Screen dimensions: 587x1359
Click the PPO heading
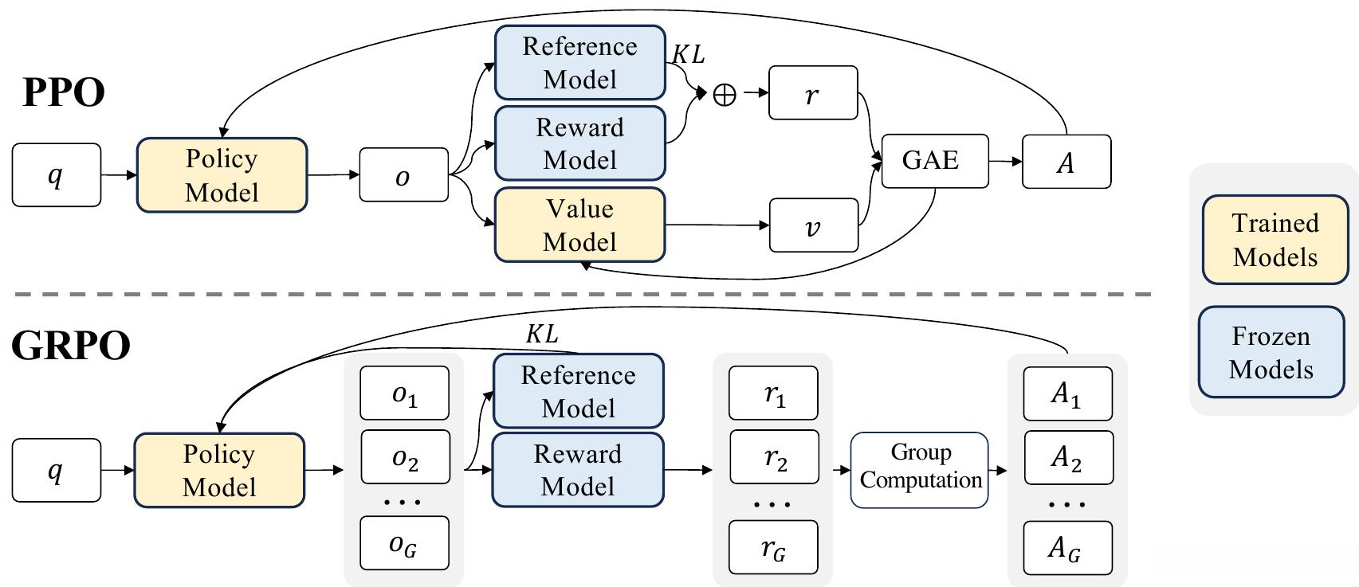click(64, 93)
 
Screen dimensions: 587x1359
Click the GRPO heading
click(71, 346)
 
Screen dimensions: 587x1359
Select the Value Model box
click(579, 225)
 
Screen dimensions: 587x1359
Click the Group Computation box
click(920, 469)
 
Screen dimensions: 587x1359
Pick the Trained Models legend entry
click(1275, 240)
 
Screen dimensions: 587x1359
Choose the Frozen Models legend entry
click(1271, 352)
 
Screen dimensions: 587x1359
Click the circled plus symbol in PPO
click(724, 96)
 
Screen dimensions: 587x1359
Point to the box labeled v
click(813, 225)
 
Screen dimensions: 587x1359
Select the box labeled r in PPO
click(813, 93)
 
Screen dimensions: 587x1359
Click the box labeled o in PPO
click(403, 174)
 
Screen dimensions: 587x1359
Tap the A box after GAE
click(1066, 162)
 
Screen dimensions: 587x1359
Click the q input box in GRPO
click(56, 470)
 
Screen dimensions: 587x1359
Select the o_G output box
click(404, 543)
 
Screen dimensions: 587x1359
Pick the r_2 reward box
click(774, 457)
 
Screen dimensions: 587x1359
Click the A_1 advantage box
click(1066, 393)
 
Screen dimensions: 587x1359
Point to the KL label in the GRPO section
click(541, 335)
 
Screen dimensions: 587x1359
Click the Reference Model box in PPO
click(579, 62)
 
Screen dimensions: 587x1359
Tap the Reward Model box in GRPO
click(578, 470)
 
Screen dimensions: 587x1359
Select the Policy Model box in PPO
click(222, 175)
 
